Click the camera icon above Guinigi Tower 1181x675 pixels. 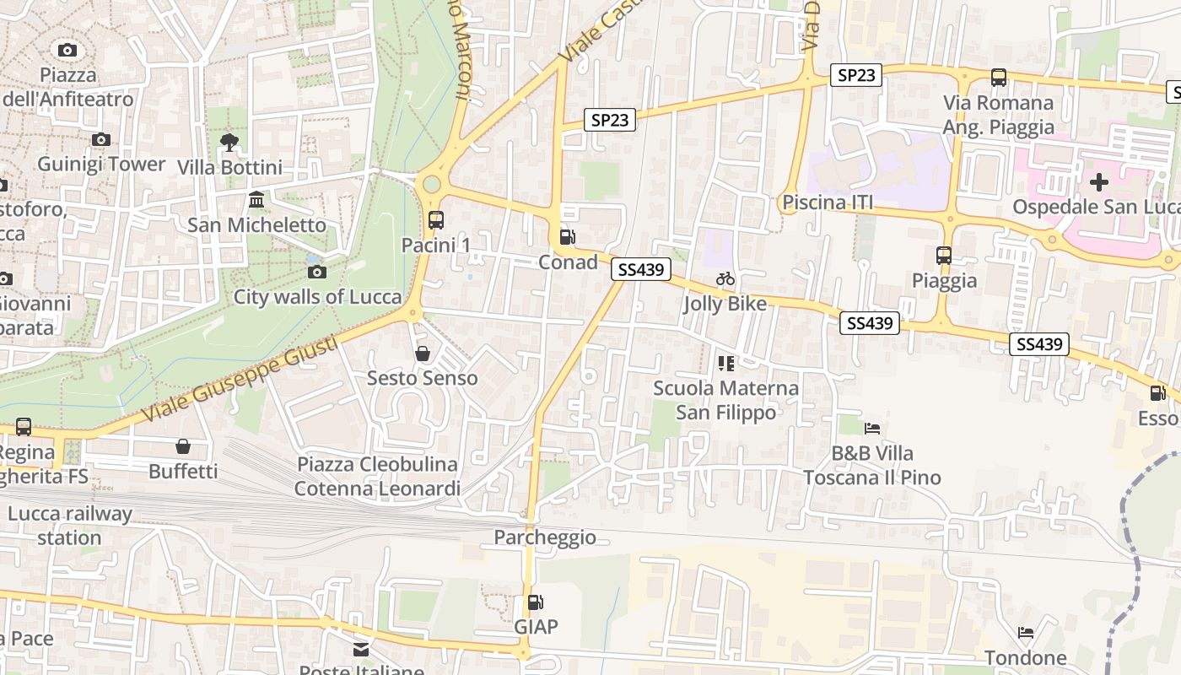click(x=101, y=139)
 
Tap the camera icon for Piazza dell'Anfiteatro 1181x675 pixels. click(x=67, y=51)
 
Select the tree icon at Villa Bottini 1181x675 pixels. click(x=229, y=142)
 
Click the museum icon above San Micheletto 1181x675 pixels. click(x=256, y=200)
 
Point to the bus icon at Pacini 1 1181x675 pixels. click(x=435, y=220)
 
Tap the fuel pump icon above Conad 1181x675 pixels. click(x=568, y=237)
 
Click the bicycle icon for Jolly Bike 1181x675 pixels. click(x=725, y=278)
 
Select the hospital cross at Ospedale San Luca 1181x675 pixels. click(x=1098, y=181)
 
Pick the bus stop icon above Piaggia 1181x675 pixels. click(x=943, y=255)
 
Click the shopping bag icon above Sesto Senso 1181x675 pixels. click(x=422, y=354)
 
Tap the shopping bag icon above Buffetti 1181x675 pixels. click(x=183, y=446)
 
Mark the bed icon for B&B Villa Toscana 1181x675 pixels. click(x=872, y=429)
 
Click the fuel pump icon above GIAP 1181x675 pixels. click(x=535, y=602)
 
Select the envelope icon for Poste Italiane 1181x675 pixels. click(x=361, y=650)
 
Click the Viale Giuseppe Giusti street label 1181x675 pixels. click(x=240, y=380)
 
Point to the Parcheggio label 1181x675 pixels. click(x=545, y=537)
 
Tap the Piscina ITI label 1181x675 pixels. click(x=827, y=202)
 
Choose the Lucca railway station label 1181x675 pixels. click(x=70, y=526)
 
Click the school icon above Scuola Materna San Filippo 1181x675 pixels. click(x=725, y=364)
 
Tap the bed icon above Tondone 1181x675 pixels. click(x=1026, y=633)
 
